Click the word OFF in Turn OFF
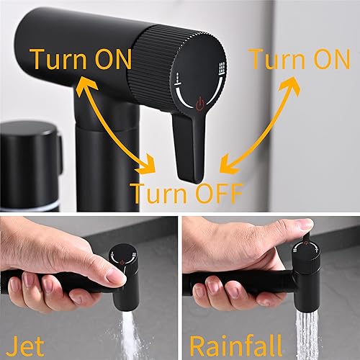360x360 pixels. [219, 194]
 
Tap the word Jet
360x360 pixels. [25, 346]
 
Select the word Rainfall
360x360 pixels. [235, 346]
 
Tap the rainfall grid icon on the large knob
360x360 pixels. [222, 68]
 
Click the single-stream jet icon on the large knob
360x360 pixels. [178, 78]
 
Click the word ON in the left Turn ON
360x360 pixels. [114, 59]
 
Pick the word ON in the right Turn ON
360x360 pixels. [332, 59]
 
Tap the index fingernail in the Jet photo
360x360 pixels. [116, 276]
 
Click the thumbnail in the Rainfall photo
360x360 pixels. [307, 224]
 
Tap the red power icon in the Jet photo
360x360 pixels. [122, 262]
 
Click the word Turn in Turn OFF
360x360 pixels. [160, 194]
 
